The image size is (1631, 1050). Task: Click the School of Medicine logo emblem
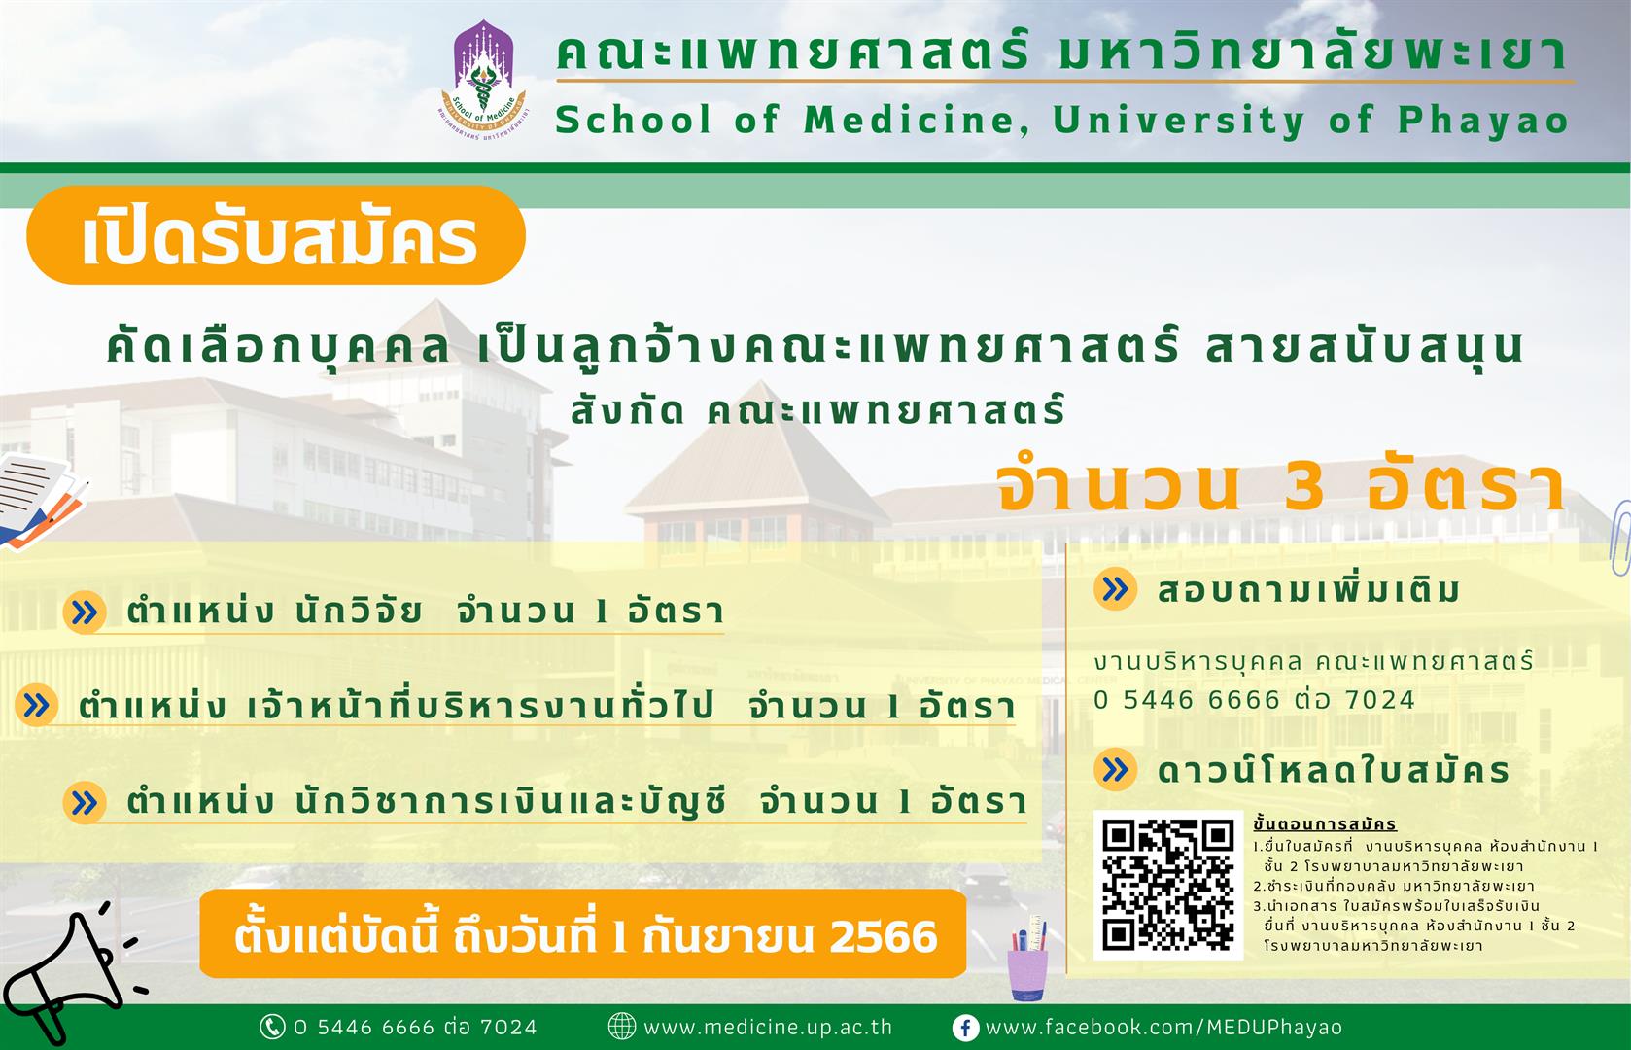484,80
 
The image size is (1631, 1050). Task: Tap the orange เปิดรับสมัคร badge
276,235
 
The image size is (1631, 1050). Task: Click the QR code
1168,885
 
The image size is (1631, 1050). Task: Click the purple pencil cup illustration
1027,959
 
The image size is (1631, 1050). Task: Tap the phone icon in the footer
272,1027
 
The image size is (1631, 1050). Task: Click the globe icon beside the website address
621,1027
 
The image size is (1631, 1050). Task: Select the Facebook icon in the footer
965,1028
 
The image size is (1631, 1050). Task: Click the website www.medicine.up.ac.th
768,1027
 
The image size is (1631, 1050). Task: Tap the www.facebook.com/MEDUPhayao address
1163,1027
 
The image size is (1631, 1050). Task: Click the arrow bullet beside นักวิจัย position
85,612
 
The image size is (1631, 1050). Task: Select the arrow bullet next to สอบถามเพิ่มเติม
1115,589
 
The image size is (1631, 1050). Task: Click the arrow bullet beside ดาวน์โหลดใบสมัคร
1115,770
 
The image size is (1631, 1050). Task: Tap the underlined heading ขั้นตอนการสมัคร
1325,824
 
